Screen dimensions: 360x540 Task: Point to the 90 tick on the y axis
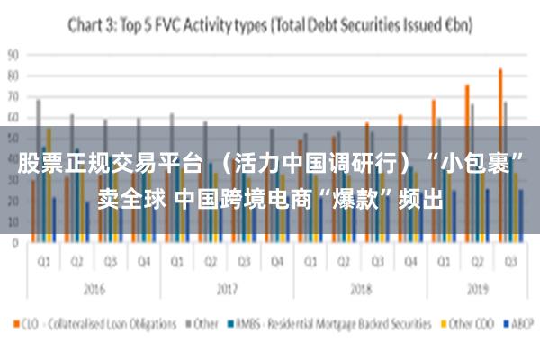point(13,54)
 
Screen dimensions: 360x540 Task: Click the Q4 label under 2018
point(409,263)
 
